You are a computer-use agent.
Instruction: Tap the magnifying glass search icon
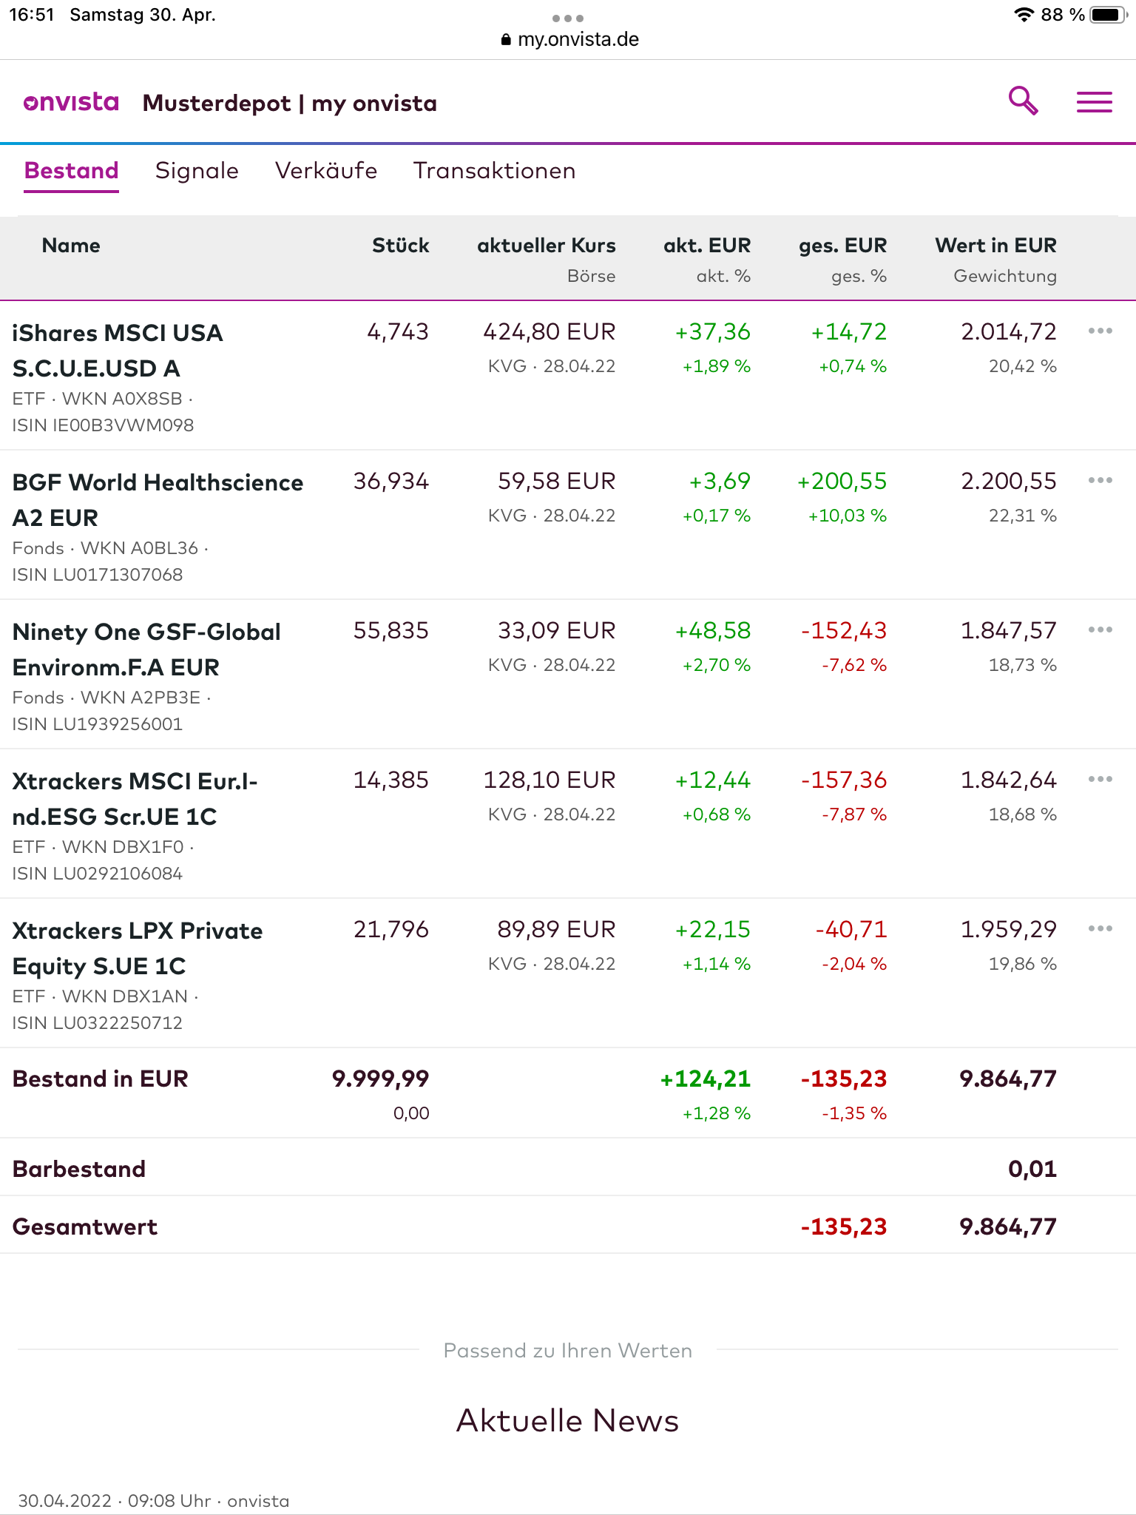pyautogui.click(x=1024, y=101)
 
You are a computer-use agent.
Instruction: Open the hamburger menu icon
pyautogui.click(x=1094, y=102)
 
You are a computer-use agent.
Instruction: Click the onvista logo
pyautogui.click(x=71, y=103)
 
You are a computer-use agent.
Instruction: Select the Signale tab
pyautogui.click(x=197, y=171)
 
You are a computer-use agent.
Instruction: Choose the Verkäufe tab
pyautogui.click(x=326, y=171)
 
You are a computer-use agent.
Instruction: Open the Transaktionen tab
pyautogui.click(x=494, y=171)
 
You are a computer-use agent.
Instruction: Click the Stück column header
pyautogui.click(x=400, y=246)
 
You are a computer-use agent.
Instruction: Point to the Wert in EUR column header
pyautogui.click(x=995, y=246)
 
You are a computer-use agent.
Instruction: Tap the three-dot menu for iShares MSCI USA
pyautogui.click(x=1100, y=331)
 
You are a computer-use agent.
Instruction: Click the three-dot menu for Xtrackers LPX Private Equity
pyautogui.click(x=1100, y=928)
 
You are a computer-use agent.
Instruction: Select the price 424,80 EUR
pyautogui.click(x=549, y=332)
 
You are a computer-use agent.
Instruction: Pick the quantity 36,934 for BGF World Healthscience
pyautogui.click(x=390, y=482)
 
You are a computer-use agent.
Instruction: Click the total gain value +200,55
pyautogui.click(x=842, y=482)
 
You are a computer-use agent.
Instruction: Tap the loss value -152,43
pyautogui.click(x=843, y=631)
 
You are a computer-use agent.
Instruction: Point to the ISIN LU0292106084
pyautogui.click(x=97, y=874)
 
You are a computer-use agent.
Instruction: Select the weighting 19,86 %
pyautogui.click(x=1022, y=964)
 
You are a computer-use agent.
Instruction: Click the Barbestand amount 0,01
pyautogui.click(x=1032, y=1169)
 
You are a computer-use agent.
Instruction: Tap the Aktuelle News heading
pyautogui.click(x=567, y=1420)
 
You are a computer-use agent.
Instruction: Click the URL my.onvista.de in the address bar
pyautogui.click(x=578, y=39)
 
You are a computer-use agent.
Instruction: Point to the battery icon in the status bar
pyautogui.click(x=1107, y=15)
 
